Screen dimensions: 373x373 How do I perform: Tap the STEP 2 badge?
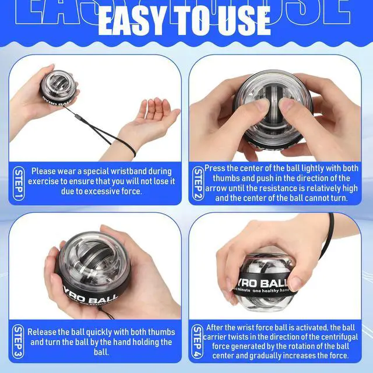(198, 184)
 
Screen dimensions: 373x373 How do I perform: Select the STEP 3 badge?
(18, 342)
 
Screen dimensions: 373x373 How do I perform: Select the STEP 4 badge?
(198, 342)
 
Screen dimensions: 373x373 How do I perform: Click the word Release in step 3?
(42, 332)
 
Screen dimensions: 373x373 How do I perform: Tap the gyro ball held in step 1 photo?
(59, 88)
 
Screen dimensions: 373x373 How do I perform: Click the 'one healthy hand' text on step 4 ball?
(270, 291)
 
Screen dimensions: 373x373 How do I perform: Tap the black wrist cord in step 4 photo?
(329, 235)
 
